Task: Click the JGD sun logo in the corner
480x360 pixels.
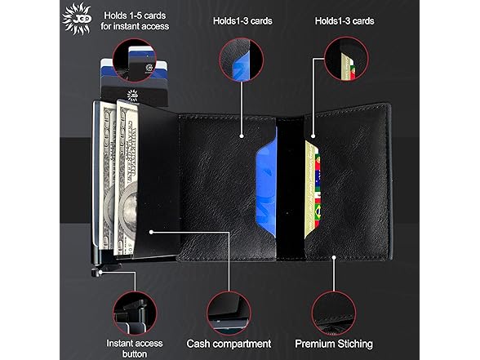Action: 77,18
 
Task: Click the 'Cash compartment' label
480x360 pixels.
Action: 229,344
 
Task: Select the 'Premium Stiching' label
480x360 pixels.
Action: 334,344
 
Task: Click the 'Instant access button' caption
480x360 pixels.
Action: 135,349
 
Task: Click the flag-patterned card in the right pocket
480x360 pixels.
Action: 312,189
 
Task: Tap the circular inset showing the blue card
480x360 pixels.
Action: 242,60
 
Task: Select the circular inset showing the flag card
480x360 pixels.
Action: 346,59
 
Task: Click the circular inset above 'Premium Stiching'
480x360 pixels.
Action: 334,313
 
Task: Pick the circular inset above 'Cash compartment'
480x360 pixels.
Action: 229,313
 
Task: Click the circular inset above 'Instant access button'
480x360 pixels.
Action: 135,313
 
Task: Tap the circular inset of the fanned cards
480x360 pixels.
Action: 135,60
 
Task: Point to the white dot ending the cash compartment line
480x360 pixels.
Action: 151,233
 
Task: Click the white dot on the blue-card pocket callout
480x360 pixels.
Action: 242,136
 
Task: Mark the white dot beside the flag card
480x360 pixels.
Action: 313,136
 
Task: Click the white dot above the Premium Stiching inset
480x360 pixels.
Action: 334,257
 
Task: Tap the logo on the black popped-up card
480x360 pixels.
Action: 132,96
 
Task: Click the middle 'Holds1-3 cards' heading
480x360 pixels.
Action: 242,21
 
